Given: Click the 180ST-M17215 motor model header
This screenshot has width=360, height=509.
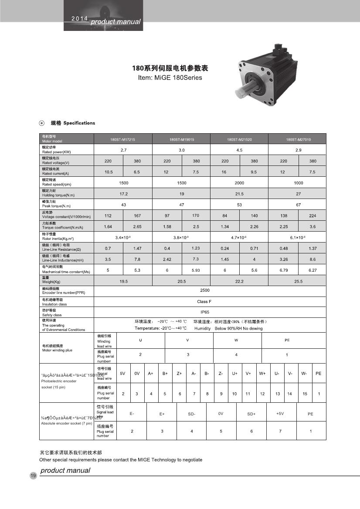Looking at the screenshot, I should pyautogui.click(x=123, y=140).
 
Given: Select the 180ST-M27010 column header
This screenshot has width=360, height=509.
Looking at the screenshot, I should pyautogui.click(x=298, y=140).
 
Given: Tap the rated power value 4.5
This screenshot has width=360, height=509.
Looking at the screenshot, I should pyautogui.click(x=239, y=150).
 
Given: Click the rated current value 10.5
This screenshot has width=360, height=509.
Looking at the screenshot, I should pyautogui.click(x=109, y=172).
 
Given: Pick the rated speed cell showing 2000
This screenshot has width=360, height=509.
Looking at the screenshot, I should pyautogui.click(x=239, y=183).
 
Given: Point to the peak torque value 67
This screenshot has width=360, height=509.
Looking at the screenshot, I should pyautogui.click(x=298, y=205).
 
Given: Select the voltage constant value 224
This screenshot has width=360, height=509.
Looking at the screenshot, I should pyautogui.click(x=312, y=216).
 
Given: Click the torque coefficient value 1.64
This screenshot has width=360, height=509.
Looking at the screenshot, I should pyautogui.click(x=109, y=226).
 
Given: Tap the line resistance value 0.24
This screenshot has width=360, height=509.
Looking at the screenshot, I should pyautogui.click(x=225, y=248).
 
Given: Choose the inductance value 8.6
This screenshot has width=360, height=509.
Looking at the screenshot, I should pyautogui.click(x=312, y=259).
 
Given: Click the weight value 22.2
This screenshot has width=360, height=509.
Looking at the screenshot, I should pyautogui.click(x=239, y=281).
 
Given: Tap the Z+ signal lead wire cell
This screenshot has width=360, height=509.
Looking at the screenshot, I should pyautogui.click(x=179, y=373).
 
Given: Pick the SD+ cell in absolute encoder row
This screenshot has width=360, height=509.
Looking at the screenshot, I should pyautogui.click(x=251, y=414).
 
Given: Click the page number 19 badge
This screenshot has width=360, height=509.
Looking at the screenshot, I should pyautogui.click(x=33, y=475).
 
